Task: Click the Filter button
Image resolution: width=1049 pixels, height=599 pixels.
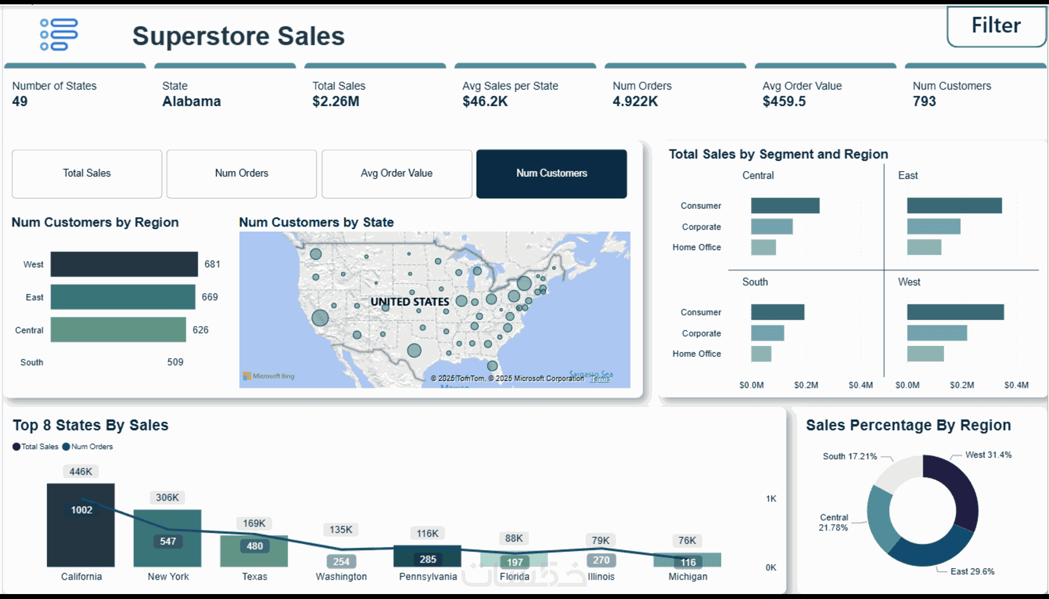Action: point(996,26)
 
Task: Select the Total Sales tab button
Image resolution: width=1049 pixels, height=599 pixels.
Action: point(87,174)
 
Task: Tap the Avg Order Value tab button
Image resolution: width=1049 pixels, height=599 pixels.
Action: point(397,174)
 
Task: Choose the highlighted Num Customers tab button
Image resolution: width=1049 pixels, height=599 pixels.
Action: point(552,174)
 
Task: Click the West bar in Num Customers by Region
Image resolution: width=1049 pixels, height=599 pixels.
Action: point(124,264)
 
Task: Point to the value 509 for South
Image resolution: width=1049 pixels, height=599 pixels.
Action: point(175,362)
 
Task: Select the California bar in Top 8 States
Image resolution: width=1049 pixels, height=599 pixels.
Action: point(81,525)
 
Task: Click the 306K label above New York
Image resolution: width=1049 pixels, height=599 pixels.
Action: point(167,498)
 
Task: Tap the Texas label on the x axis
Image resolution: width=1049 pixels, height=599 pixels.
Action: point(254,577)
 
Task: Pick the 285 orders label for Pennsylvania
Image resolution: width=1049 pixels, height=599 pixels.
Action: point(428,559)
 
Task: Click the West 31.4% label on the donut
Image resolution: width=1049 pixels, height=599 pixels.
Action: point(988,455)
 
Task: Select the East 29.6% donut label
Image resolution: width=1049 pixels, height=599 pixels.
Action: point(972,572)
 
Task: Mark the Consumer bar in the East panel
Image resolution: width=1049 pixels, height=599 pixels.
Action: point(954,206)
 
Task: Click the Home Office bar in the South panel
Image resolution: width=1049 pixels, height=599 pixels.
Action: point(761,354)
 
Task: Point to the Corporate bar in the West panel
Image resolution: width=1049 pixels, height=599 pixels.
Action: point(937,333)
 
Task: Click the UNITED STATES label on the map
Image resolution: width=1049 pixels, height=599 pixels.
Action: point(410,302)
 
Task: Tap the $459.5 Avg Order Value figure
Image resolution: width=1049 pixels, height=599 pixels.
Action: point(784,102)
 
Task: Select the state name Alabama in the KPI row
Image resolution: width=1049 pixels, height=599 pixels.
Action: point(191,102)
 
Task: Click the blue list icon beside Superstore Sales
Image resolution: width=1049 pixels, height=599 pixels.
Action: point(59,35)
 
